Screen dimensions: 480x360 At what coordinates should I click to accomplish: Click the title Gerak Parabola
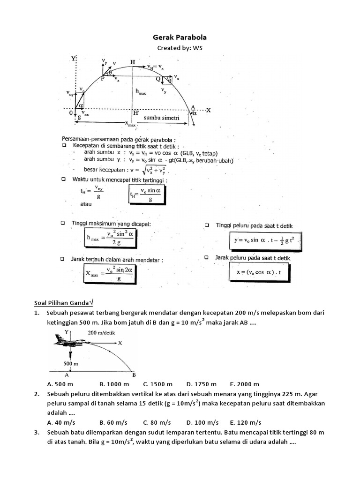click(180, 37)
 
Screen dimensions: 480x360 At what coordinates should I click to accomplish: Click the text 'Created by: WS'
click(180, 49)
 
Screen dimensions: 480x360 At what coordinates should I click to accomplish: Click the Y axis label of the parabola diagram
click(74, 59)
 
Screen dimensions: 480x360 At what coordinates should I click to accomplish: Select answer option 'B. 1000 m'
click(114, 384)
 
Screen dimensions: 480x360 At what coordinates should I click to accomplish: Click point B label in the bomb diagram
click(134, 375)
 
